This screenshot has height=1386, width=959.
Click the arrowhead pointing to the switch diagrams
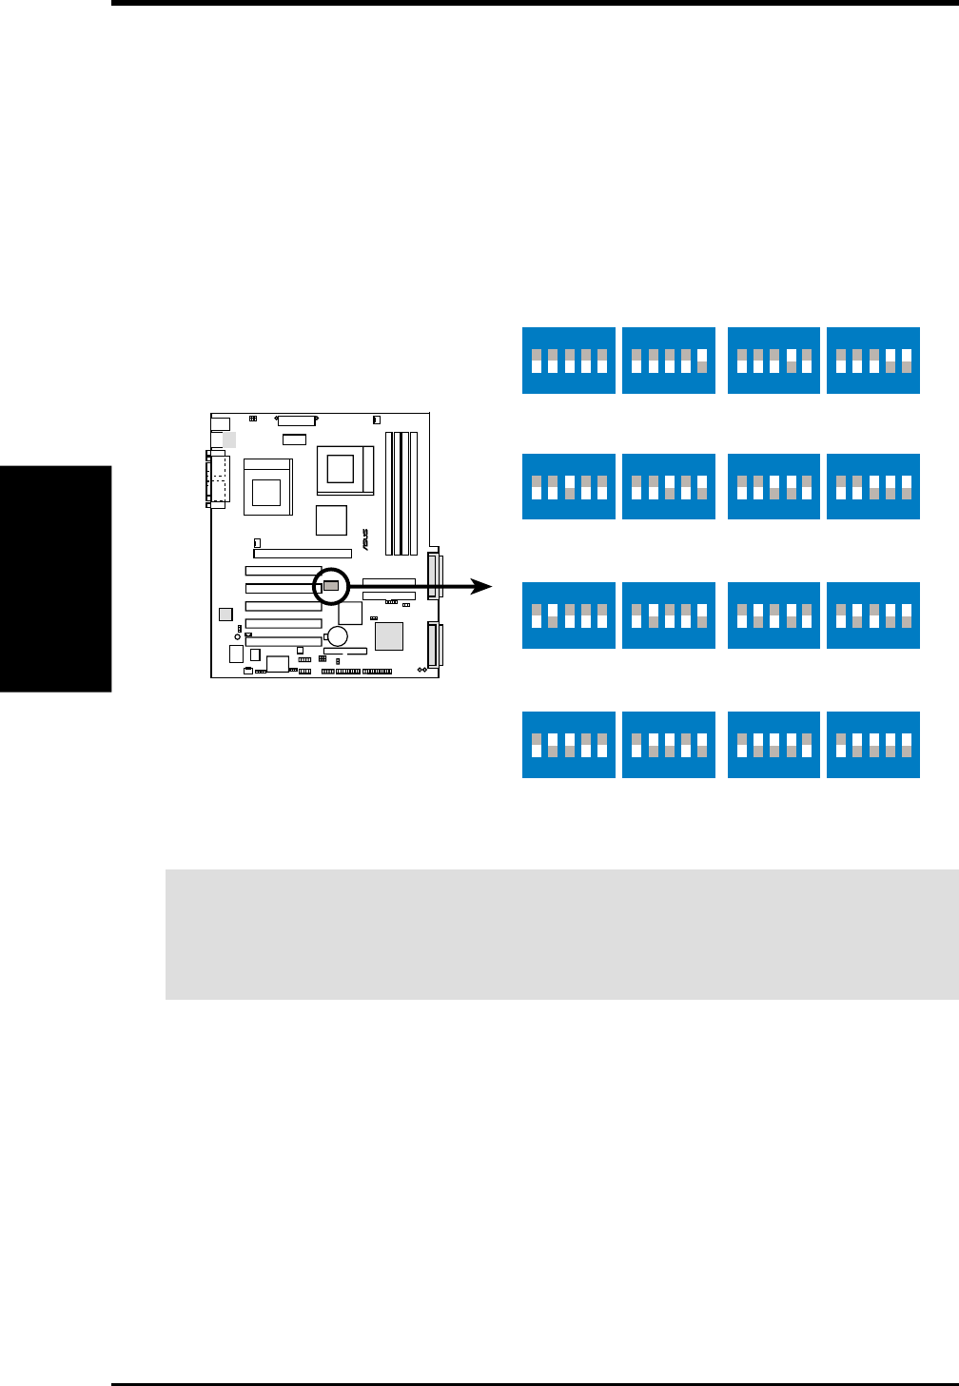(x=483, y=587)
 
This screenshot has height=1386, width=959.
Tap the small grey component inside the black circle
(x=331, y=586)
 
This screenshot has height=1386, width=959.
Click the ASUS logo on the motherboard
(x=364, y=540)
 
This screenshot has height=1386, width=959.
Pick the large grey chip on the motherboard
(x=388, y=635)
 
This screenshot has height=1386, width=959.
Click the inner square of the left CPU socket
(x=266, y=492)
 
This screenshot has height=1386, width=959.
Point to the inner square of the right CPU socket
(x=340, y=467)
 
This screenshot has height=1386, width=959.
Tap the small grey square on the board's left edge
(x=225, y=614)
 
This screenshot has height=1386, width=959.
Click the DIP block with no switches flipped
(x=569, y=361)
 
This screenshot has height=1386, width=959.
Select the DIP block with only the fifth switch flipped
(x=669, y=361)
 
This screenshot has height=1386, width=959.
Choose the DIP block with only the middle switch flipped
(x=569, y=488)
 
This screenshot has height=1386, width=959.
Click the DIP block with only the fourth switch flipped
(x=773, y=361)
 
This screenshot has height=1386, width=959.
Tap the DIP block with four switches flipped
(x=873, y=745)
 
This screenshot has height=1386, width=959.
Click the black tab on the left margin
(x=56, y=579)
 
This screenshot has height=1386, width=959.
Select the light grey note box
(x=561, y=933)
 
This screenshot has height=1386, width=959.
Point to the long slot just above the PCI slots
(x=303, y=553)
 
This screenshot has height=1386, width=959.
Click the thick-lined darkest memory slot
(x=389, y=494)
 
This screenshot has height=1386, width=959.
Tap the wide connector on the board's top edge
(x=296, y=420)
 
